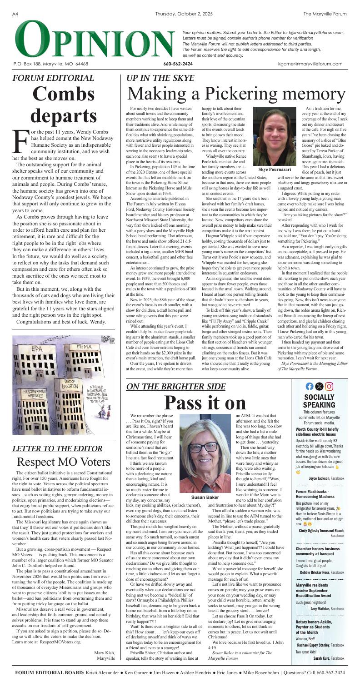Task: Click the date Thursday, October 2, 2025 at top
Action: point(180,5)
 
